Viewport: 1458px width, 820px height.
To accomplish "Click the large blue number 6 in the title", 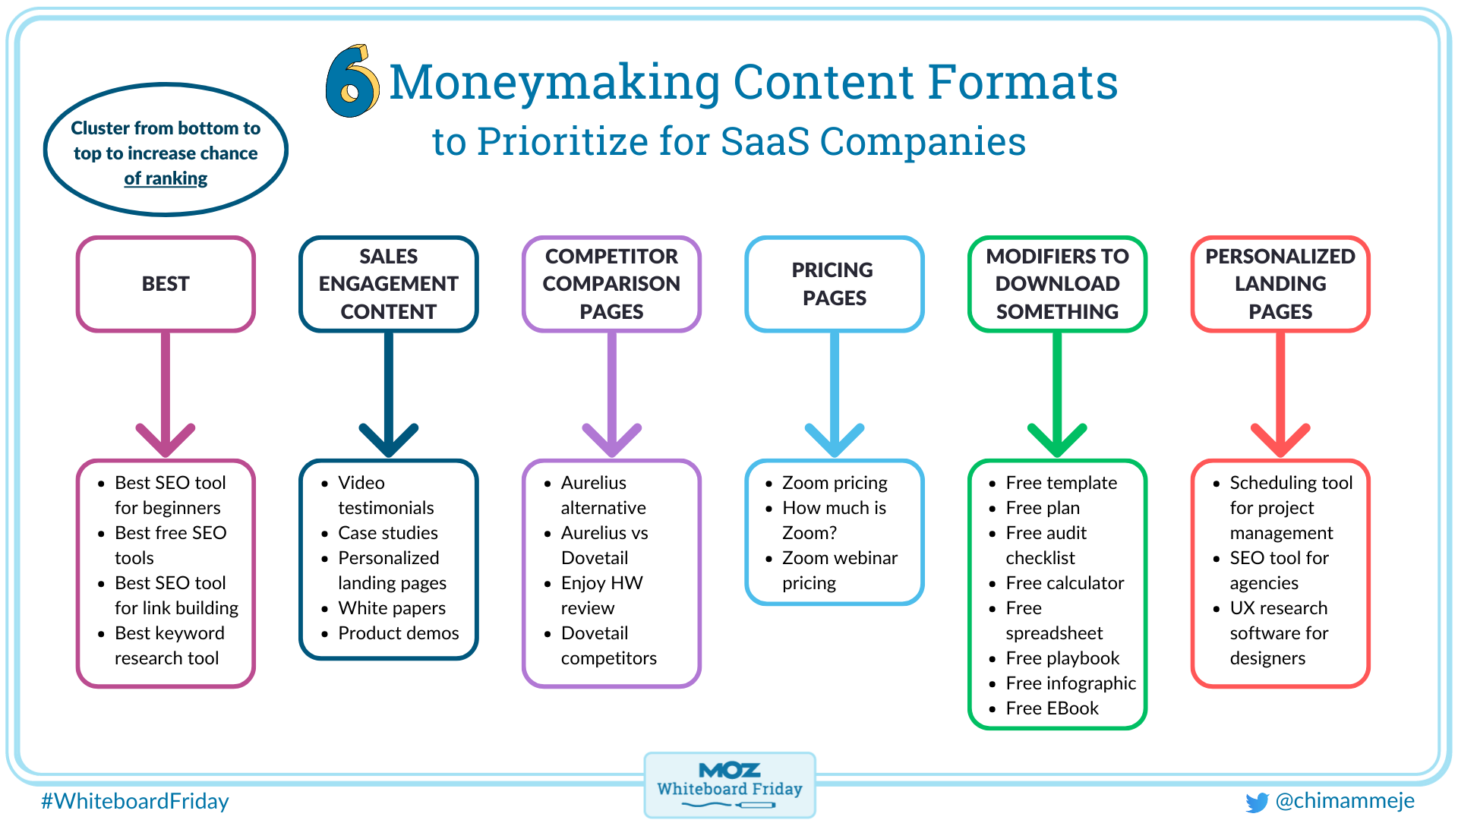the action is click(351, 82).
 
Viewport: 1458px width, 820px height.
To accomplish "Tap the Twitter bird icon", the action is click(1257, 802).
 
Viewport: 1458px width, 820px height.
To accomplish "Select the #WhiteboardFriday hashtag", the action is click(135, 801).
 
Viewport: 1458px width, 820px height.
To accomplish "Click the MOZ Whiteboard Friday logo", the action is click(730, 785).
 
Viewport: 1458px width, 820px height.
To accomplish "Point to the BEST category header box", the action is click(166, 284).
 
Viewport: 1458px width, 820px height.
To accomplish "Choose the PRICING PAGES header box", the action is click(835, 284).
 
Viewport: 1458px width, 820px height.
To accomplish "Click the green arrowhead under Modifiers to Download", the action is click(1057, 439).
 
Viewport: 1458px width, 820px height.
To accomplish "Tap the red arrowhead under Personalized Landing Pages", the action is click(1280, 439).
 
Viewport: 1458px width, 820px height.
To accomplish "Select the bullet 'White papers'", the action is click(392, 608).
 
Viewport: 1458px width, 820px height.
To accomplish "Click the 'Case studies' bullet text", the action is click(388, 533).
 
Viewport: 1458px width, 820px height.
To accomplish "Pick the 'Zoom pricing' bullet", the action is click(835, 483).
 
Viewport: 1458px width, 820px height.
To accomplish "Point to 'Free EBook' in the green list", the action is click(1052, 708).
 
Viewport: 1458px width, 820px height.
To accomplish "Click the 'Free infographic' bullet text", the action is click(1071, 683).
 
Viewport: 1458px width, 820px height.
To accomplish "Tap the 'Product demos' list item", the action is click(399, 633).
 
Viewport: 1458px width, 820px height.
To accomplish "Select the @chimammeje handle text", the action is click(1345, 801).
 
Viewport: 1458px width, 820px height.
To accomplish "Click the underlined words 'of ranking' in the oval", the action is click(166, 178).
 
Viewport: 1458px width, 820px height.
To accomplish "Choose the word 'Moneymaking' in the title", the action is click(555, 82).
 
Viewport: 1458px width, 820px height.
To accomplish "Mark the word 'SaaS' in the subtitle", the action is click(765, 141).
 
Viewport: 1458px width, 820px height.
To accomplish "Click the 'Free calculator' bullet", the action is click(1065, 583).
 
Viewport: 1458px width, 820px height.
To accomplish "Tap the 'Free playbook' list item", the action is click(1062, 658).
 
